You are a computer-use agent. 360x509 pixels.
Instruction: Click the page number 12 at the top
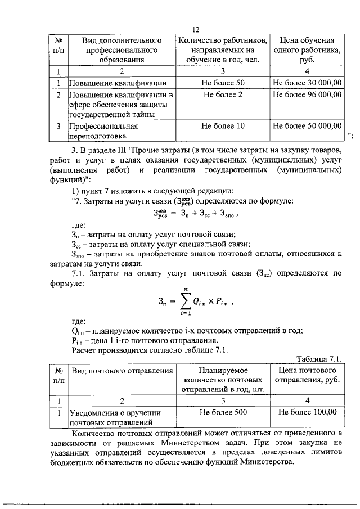point(196,30)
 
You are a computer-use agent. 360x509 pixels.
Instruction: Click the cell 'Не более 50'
point(224,83)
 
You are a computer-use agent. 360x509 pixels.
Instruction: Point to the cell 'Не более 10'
point(224,126)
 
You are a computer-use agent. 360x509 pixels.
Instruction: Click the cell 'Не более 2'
point(224,94)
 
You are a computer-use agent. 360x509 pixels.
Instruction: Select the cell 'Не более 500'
point(224,412)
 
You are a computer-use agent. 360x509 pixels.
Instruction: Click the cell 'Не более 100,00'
point(308,412)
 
